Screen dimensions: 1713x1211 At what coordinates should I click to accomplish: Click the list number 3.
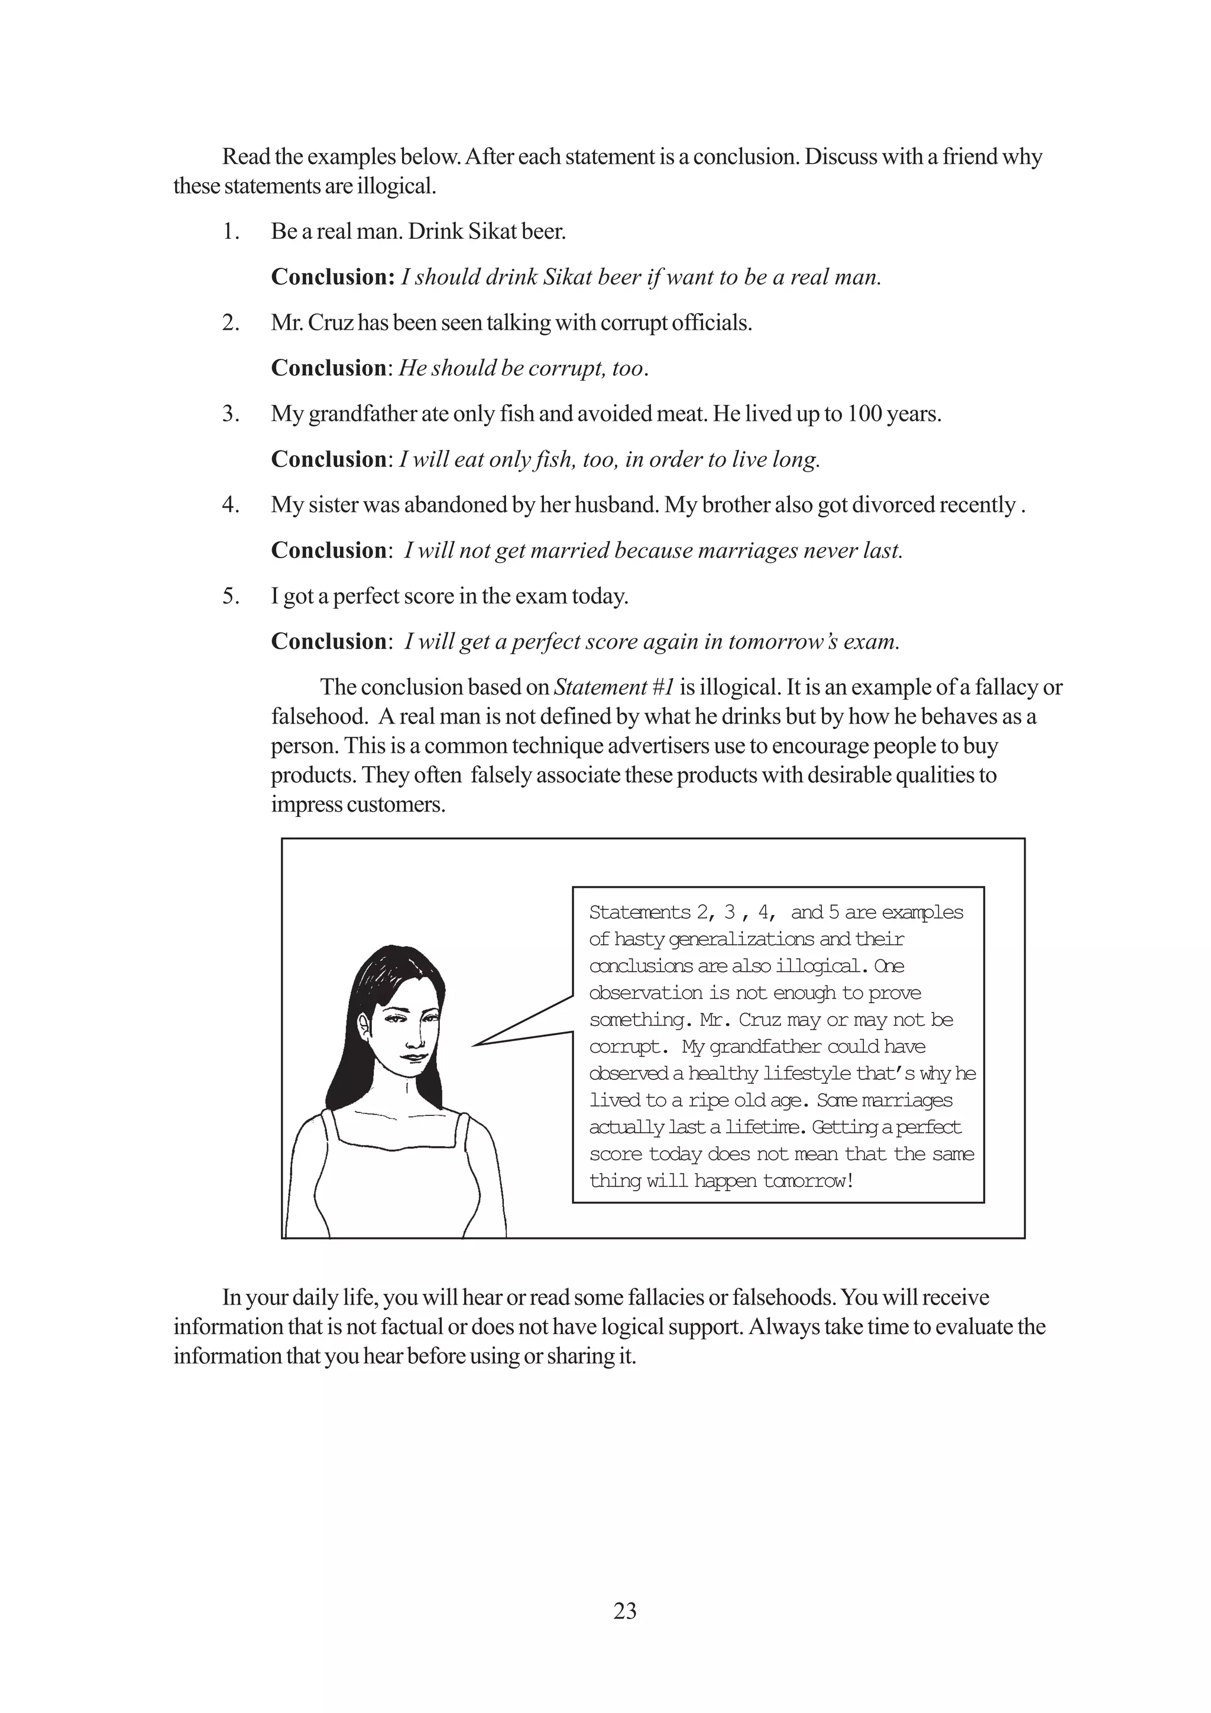[x=231, y=414]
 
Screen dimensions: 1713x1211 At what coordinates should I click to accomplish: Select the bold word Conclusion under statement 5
[x=328, y=641]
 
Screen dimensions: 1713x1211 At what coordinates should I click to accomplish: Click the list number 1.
[x=231, y=232]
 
